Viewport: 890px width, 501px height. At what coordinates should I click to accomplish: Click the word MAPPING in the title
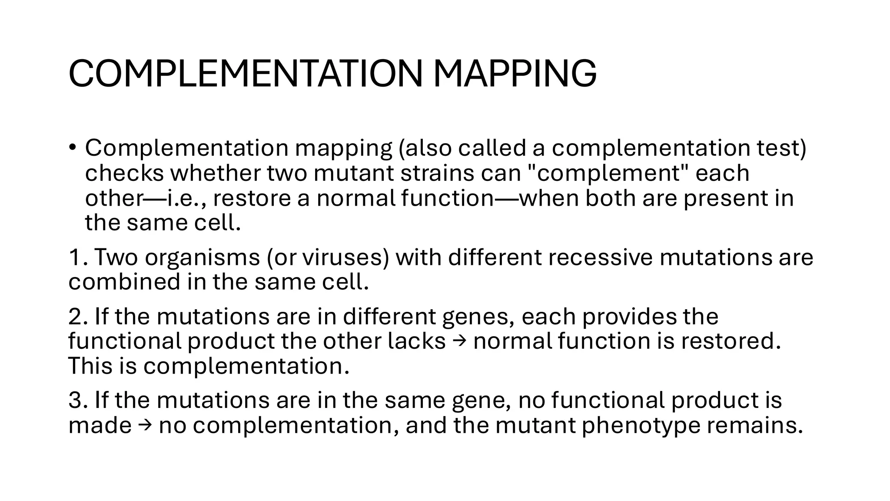(x=515, y=73)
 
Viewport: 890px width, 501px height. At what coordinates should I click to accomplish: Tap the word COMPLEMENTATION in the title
(x=245, y=73)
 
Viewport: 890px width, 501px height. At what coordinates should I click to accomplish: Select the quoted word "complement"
(x=611, y=173)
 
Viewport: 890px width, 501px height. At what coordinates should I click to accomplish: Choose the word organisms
(x=202, y=257)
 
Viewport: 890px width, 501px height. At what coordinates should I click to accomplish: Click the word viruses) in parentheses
(x=346, y=257)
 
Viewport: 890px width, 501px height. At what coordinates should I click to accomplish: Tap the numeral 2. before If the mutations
(x=78, y=316)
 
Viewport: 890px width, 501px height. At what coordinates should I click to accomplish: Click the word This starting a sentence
(x=90, y=366)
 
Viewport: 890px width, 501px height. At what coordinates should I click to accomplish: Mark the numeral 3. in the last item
(x=78, y=400)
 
